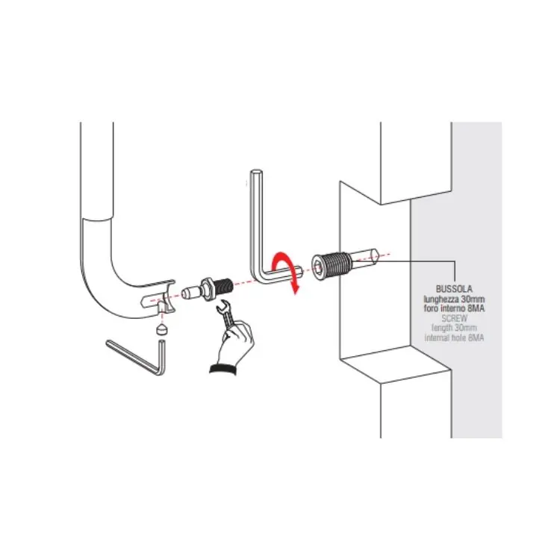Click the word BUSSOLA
(x=454, y=288)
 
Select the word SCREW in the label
(x=454, y=318)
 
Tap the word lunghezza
(x=441, y=299)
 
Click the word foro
(x=431, y=308)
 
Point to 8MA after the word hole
(x=476, y=337)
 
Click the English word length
(x=443, y=328)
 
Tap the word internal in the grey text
(x=437, y=337)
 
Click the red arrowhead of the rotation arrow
(x=295, y=288)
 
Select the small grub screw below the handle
(x=163, y=329)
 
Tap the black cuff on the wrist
(x=223, y=369)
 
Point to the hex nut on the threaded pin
(x=207, y=288)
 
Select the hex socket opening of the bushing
(x=318, y=267)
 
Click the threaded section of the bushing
(x=337, y=264)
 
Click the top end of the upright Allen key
(x=256, y=172)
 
